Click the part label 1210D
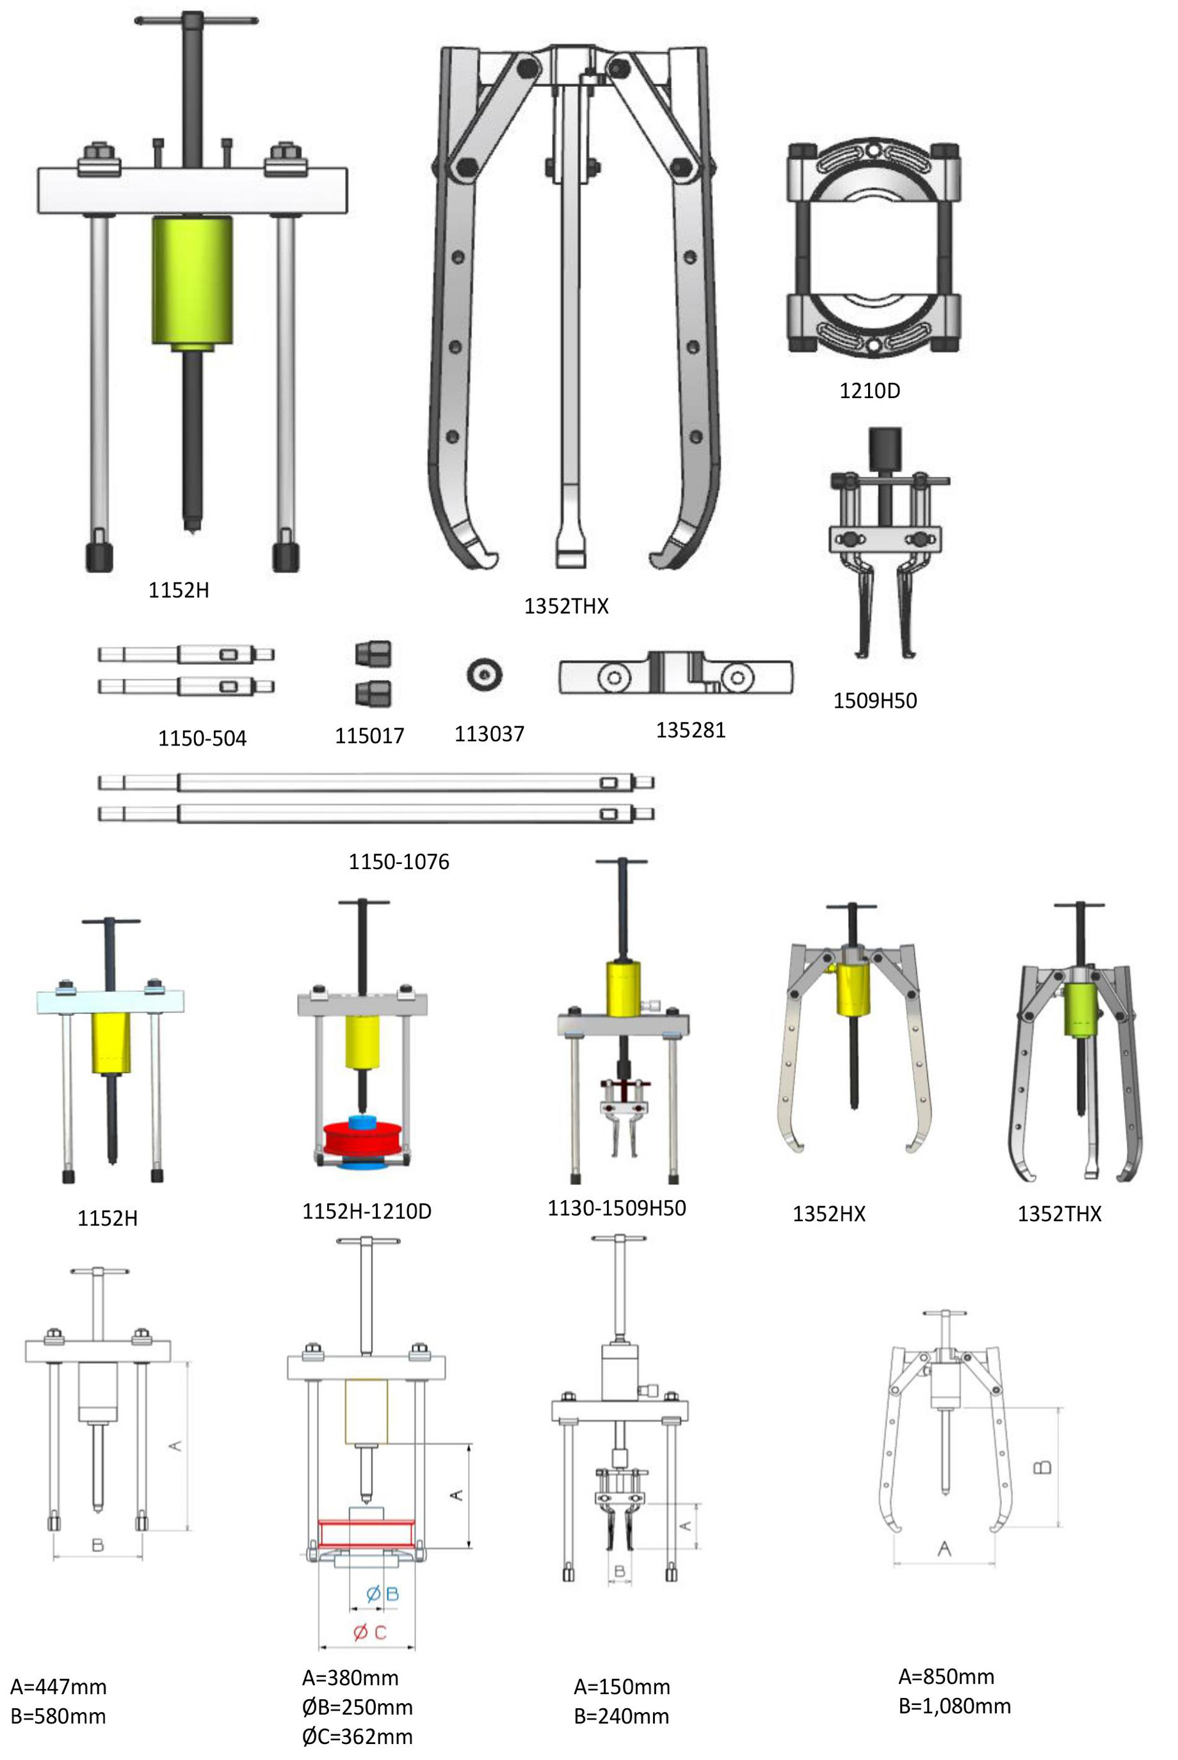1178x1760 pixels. tap(869, 390)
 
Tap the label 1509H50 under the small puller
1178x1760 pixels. tap(875, 701)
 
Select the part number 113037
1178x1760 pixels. tap(489, 733)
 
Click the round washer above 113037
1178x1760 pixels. tap(485, 675)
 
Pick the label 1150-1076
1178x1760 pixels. tap(399, 861)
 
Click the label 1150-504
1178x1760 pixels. tap(202, 738)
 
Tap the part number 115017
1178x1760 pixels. tap(369, 735)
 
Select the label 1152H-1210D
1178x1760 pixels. tap(367, 1211)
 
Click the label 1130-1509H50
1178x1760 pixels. tap(617, 1208)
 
